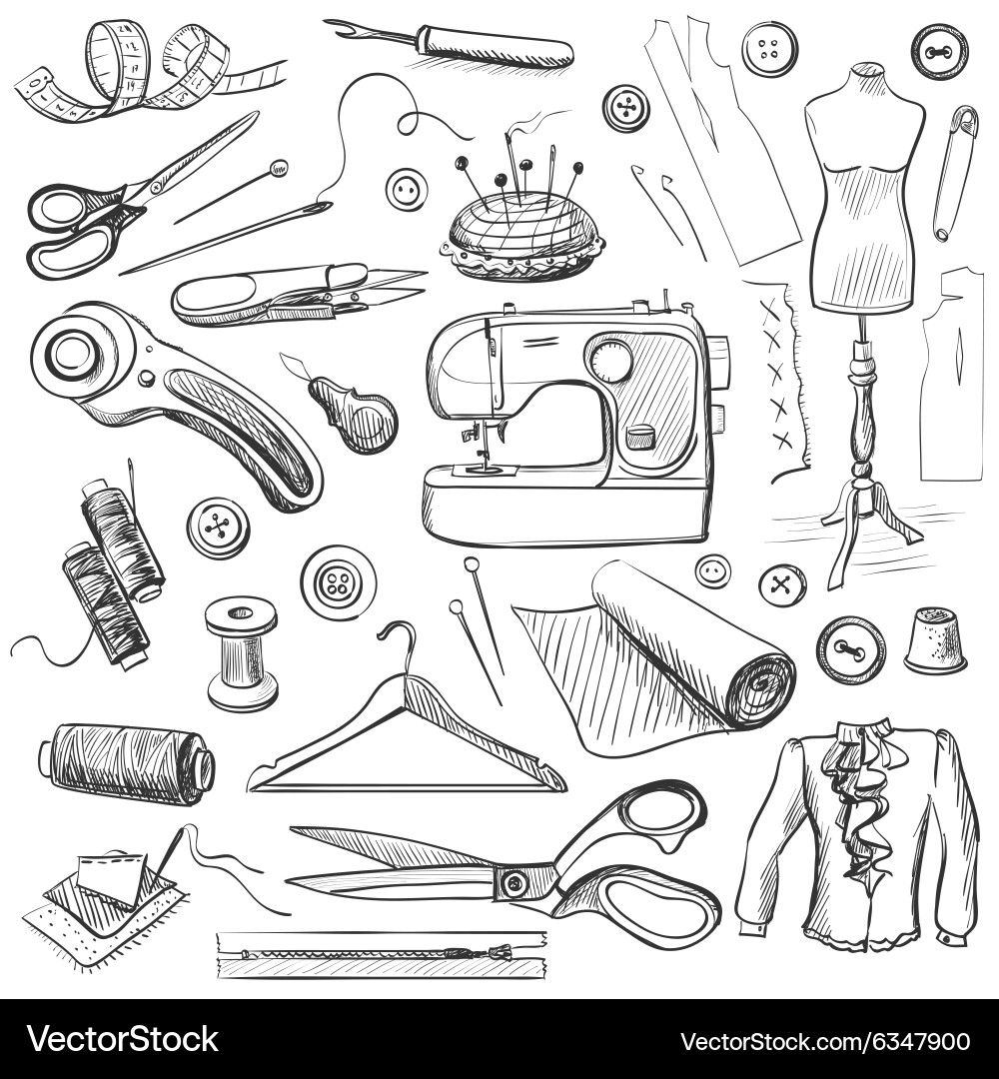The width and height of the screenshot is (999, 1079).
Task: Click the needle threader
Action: point(355,412)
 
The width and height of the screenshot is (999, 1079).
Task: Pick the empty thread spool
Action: point(242,653)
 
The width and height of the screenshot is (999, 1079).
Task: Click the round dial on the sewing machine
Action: point(609,360)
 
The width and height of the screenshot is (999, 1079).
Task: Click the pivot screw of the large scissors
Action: point(514,881)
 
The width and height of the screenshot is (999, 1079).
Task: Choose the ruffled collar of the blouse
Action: point(856,789)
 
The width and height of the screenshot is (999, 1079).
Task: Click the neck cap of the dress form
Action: point(865,71)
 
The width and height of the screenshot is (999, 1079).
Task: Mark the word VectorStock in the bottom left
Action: point(123,1039)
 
